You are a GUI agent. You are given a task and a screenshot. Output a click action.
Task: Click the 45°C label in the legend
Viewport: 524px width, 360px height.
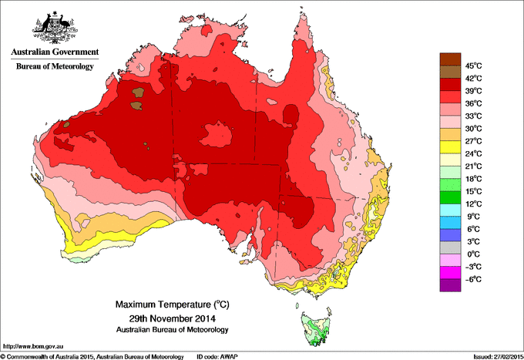[x=472, y=66]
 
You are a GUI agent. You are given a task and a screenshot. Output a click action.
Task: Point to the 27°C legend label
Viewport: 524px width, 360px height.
[x=472, y=141]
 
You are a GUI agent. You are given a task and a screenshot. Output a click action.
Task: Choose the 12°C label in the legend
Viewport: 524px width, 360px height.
[x=472, y=204]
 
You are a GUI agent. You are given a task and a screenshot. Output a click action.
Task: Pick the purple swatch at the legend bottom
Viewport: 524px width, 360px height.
[x=449, y=284]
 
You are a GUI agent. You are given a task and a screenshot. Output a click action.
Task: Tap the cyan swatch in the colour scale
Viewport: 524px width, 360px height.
[x=449, y=210]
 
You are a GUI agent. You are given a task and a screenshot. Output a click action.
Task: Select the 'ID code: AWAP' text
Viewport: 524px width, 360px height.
[x=219, y=356]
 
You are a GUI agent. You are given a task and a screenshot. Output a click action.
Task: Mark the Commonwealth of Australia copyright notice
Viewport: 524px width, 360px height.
[x=92, y=356]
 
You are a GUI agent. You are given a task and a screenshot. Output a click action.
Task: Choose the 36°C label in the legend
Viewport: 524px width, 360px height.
[x=472, y=103]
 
